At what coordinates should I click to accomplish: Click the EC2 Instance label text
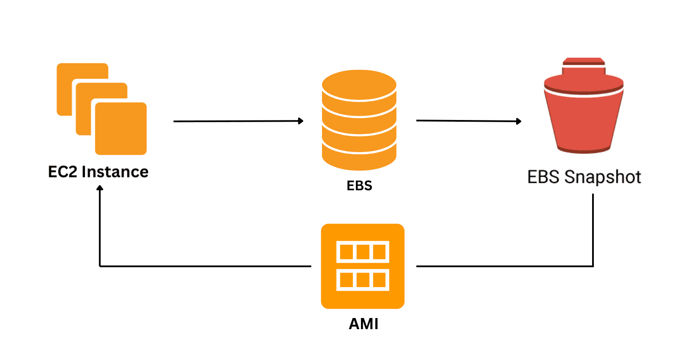(98, 172)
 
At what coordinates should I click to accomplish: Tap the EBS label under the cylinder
(359, 186)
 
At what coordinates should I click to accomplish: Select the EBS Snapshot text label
(584, 177)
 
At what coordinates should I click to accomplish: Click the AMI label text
(364, 324)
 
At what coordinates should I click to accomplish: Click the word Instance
(115, 172)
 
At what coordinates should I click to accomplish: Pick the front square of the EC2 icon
(121, 129)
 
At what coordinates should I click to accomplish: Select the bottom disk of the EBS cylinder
(359, 160)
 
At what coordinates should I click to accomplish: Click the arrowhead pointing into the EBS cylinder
(301, 121)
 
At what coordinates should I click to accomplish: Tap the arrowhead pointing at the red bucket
(519, 121)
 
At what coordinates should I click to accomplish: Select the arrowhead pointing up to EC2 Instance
(100, 188)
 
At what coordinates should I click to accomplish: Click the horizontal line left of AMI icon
(206, 266)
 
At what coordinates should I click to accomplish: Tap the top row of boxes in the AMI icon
(363, 252)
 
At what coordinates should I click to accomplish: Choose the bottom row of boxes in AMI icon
(363, 280)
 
